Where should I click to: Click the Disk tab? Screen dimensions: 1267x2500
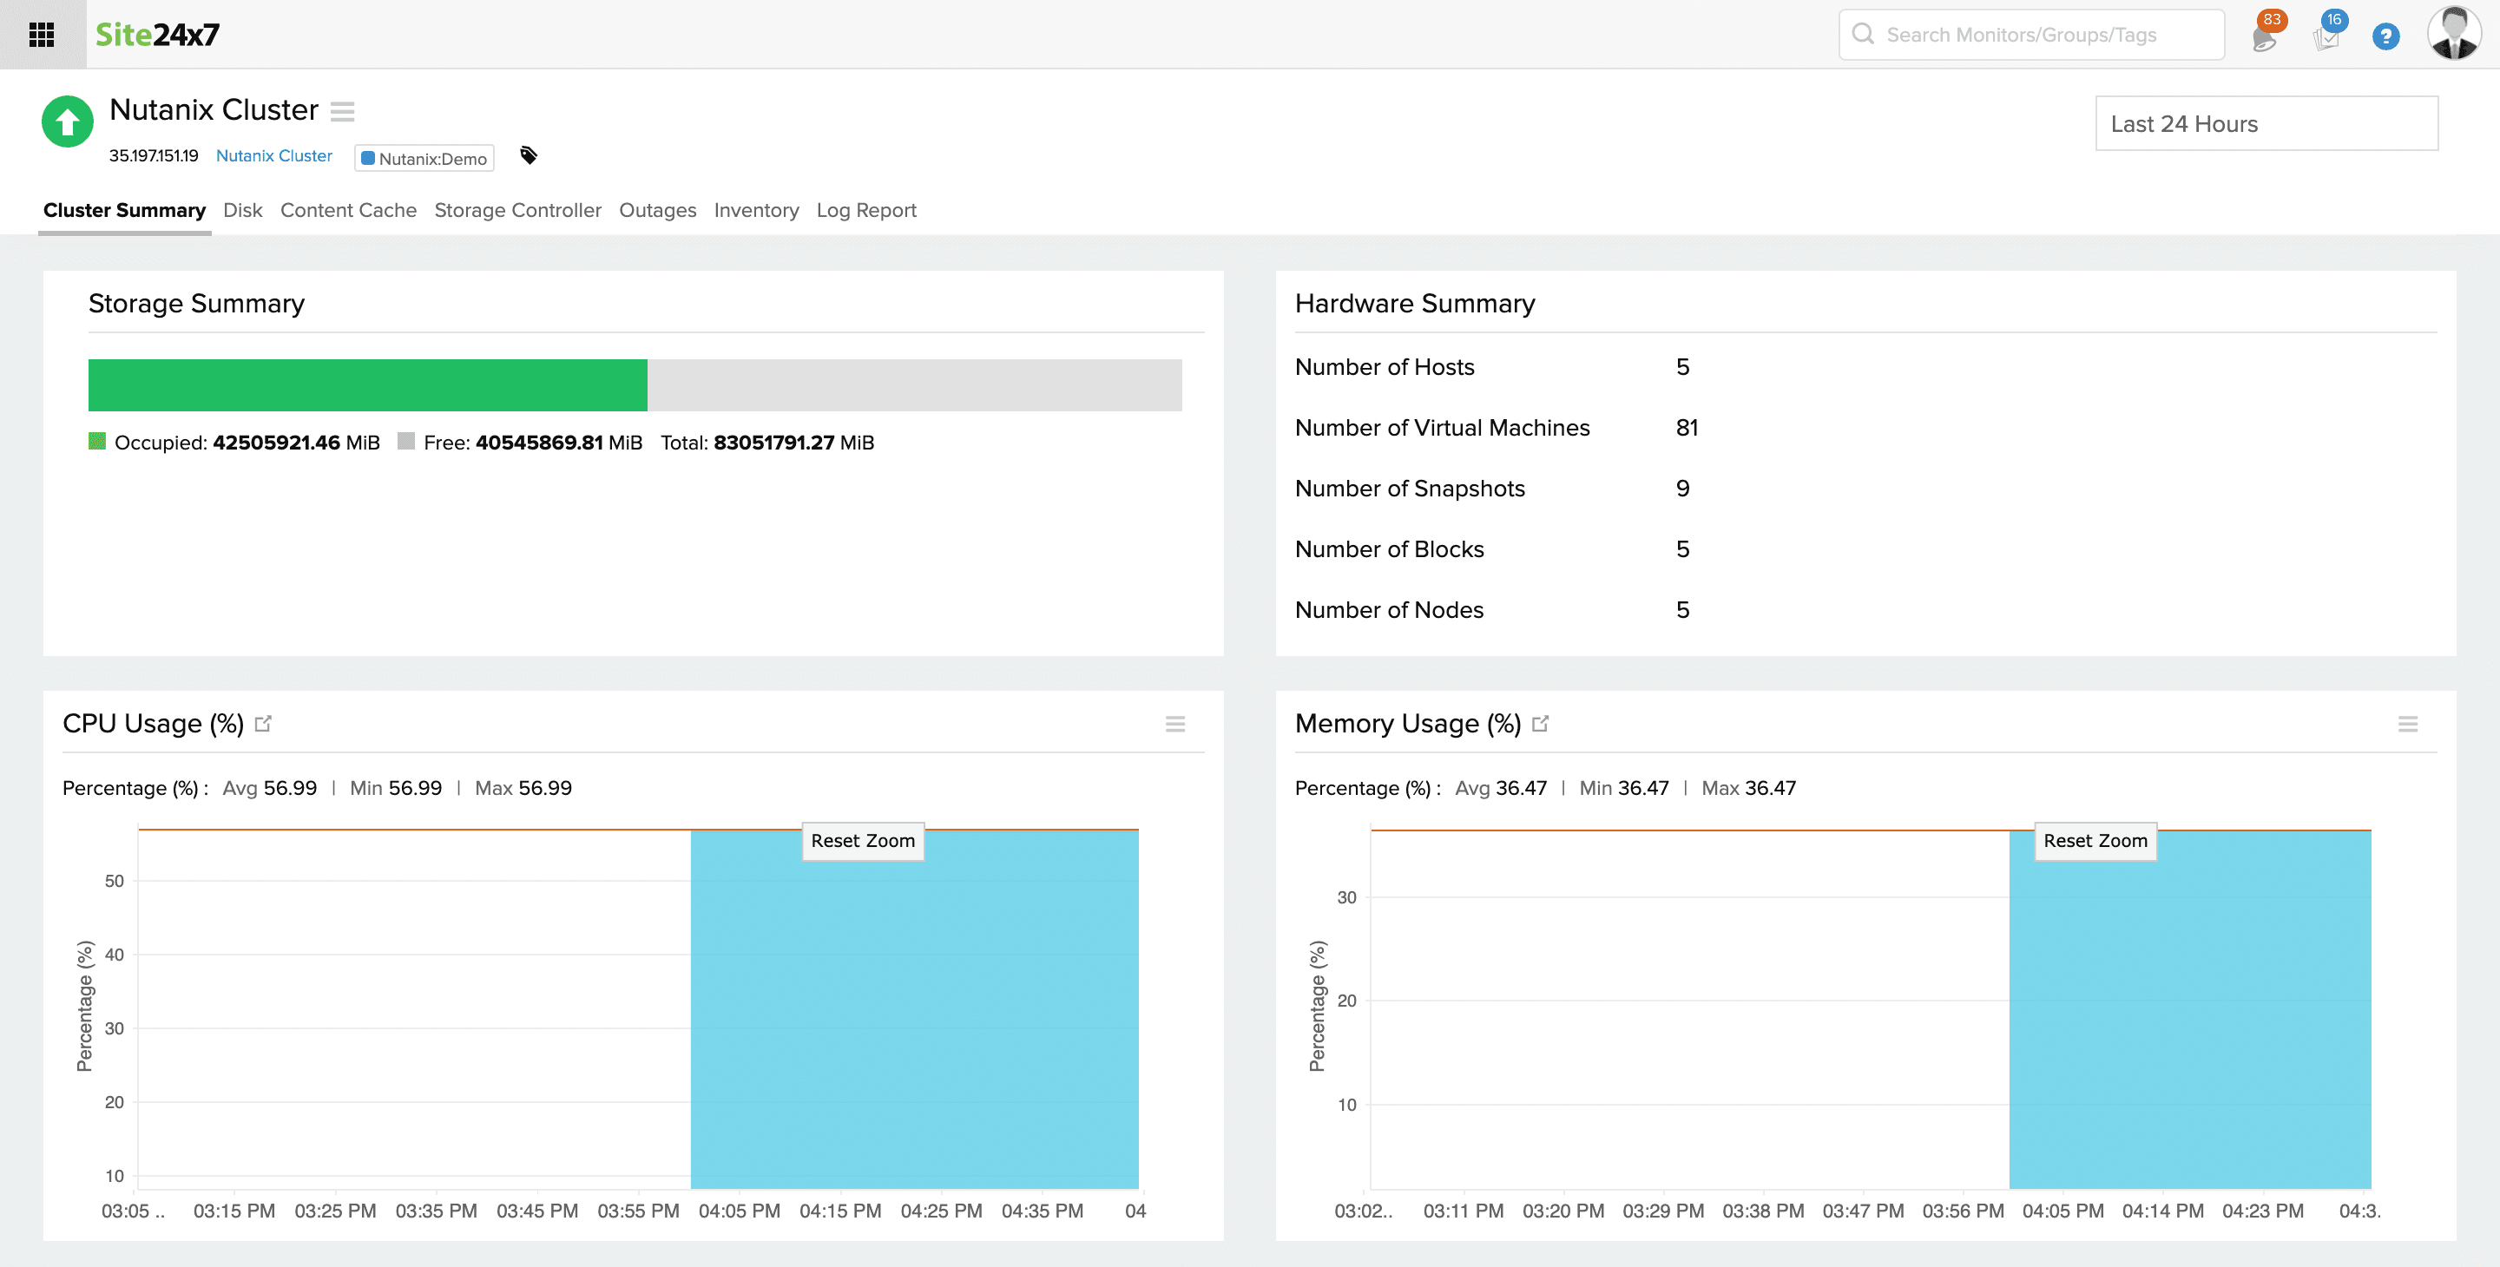coord(243,211)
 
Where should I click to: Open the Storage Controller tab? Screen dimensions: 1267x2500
coord(517,211)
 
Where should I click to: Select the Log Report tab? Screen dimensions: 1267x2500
coord(865,211)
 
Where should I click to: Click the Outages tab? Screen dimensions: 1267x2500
coord(657,211)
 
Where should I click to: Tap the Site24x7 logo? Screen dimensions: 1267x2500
coord(157,35)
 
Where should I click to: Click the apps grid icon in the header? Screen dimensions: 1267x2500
coord(42,35)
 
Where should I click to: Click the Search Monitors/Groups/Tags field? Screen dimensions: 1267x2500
coord(2030,35)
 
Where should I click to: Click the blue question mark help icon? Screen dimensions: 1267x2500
coord(2385,36)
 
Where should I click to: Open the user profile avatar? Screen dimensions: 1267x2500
coord(2453,34)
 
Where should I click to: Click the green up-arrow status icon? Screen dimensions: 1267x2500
coord(67,121)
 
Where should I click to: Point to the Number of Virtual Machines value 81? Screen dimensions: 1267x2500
coord(1687,428)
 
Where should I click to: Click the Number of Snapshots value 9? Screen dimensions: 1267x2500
coord(1682,488)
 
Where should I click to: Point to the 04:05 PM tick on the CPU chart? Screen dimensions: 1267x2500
coord(739,1211)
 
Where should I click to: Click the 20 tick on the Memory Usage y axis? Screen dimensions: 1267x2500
coord(1346,1001)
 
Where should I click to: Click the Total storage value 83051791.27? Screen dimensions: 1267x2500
coord(773,443)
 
